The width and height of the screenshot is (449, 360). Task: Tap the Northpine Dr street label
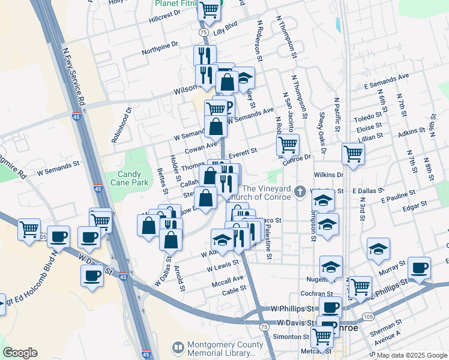coord(160,47)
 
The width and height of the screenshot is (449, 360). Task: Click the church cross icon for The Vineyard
coord(300,192)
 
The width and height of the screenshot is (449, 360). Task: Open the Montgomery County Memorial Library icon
coord(178,347)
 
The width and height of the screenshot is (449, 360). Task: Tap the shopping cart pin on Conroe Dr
coord(288,144)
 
